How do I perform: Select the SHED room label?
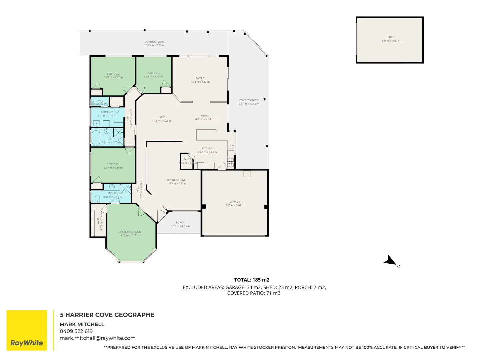tap(391, 37)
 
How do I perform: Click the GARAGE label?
tap(235, 202)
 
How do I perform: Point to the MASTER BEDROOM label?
tap(130, 232)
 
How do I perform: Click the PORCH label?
tap(180, 222)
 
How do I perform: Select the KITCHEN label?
tap(207, 148)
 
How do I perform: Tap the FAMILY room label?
tap(200, 78)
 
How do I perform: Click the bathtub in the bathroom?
tap(96, 138)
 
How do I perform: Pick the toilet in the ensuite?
tap(97, 199)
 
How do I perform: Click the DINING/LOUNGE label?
tap(177, 180)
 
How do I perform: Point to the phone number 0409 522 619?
tap(76, 331)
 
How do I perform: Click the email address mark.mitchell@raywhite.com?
tap(97, 338)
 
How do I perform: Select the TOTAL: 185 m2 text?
tap(252, 280)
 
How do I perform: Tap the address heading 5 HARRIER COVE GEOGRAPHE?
tap(107, 315)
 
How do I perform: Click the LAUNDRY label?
tap(107, 112)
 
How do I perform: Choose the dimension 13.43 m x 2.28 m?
tap(154, 45)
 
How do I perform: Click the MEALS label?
tap(205, 116)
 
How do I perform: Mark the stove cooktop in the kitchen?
tap(230, 162)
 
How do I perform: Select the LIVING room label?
tap(161, 117)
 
